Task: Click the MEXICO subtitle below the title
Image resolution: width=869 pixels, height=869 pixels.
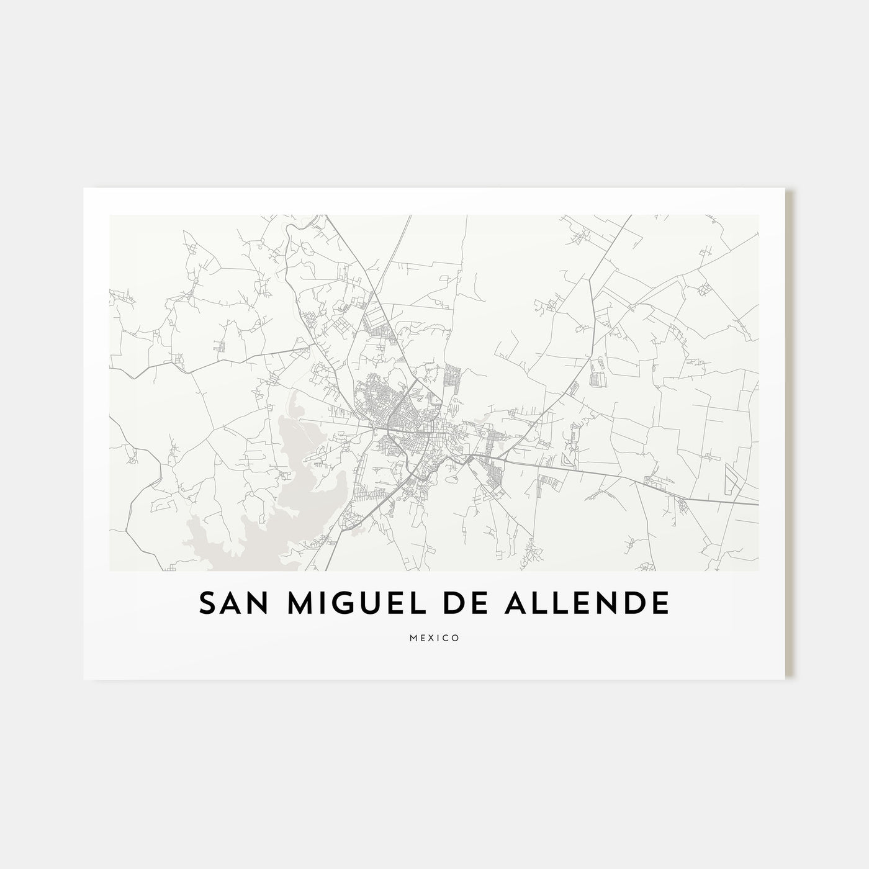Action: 434,637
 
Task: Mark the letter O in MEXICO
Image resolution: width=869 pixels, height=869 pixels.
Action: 456,637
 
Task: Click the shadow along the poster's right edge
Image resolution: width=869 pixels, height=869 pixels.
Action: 790,434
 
